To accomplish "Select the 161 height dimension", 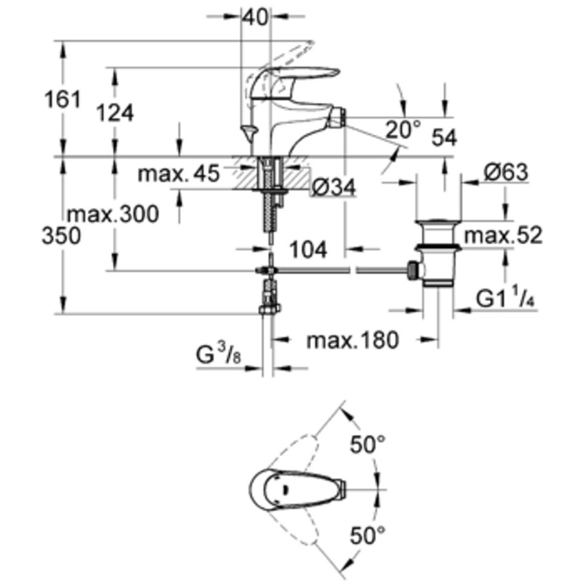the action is click(x=62, y=100).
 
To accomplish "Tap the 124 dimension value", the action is click(x=115, y=113).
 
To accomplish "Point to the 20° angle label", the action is click(x=403, y=129).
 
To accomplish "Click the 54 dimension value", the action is click(x=444, y=138).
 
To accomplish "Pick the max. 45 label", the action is click(x=178, y=173).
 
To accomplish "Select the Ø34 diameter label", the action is click(x=333, y=187).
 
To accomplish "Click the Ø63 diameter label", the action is click(x=506, y=172).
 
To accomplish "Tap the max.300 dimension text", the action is click(x=113, y=214).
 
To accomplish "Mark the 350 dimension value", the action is click(x=61, y=236).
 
